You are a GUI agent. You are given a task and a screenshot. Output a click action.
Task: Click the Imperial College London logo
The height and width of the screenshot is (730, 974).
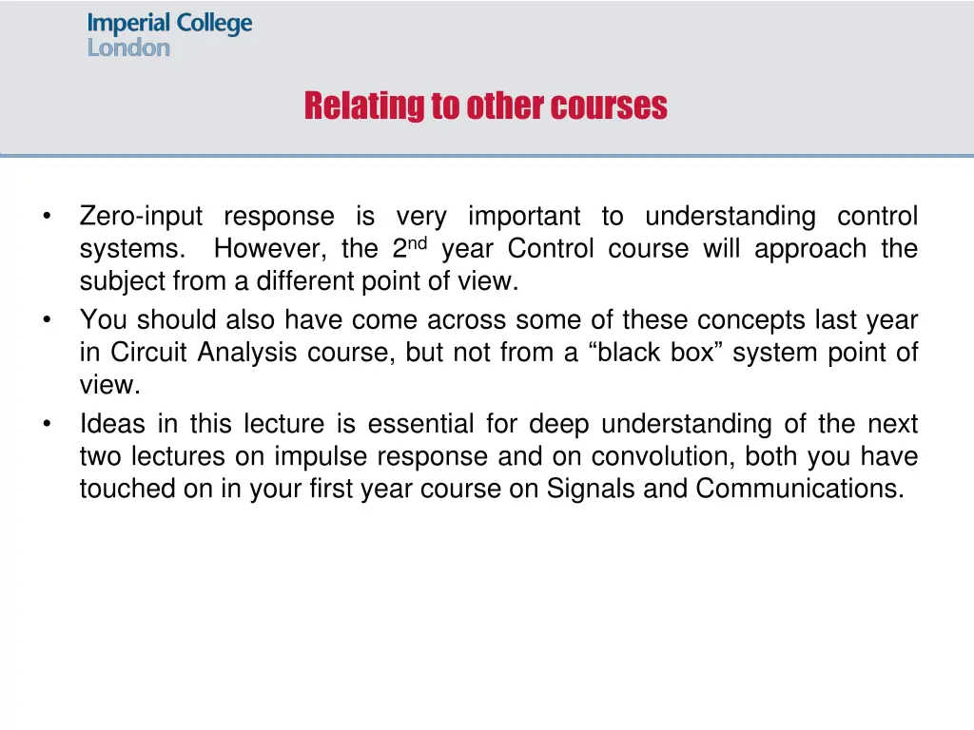tap(169, 34)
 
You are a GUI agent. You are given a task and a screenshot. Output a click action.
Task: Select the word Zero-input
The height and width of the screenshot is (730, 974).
tap(141, 217)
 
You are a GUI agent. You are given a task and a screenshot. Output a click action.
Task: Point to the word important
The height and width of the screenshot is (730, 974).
tap(524, 217)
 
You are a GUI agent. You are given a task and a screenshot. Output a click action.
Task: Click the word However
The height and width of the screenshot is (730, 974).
tap(272, 249)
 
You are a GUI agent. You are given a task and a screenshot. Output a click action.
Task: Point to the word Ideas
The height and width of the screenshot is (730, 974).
tap(112, 423)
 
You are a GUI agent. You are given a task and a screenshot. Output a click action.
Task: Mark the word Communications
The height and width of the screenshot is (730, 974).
tap(799, 489)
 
